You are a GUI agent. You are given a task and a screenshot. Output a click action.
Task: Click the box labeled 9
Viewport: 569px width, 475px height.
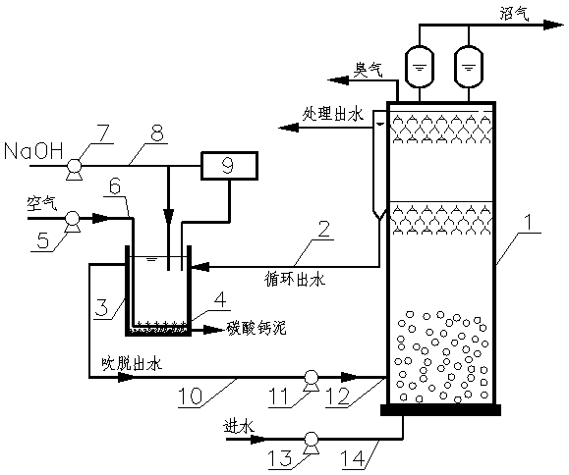(x=229, y=166)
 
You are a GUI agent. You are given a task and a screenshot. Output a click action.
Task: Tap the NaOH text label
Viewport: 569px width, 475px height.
(x=33, y=151)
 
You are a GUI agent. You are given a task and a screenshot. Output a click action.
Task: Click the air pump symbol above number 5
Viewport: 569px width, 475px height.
(x=72, y=221)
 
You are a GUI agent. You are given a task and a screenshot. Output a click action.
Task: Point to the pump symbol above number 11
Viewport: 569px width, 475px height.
(x=311, y=380)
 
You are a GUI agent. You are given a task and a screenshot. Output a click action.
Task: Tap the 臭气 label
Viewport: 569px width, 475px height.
(x=368, y=70)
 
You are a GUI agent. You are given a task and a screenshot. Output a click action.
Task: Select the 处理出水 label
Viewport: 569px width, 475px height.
(x=333, y=115)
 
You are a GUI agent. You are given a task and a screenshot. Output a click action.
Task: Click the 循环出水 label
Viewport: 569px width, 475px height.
(x=295, y=279)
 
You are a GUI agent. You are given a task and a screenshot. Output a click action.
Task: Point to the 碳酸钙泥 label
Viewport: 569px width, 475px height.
(x=256, y=328)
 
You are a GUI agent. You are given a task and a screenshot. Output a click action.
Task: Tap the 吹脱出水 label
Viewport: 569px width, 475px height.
(x=132, y=363)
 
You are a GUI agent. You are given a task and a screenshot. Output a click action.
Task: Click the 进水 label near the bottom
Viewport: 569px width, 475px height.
(x=239, y=426)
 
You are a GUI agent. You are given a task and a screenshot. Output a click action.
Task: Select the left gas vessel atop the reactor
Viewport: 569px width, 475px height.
(x=420, y=67)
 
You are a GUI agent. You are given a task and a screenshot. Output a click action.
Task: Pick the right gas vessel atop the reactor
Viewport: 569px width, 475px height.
(x=469, y=67)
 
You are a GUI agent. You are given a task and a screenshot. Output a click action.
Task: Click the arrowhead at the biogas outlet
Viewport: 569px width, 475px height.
(x=553, y=25)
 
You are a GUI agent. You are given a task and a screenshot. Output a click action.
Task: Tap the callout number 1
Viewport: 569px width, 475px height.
(x=529, y=222)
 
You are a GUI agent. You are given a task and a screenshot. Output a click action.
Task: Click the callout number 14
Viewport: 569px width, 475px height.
(x=354, y=459)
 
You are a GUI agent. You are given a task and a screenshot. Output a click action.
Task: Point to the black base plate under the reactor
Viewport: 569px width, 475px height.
(x=440, y=410)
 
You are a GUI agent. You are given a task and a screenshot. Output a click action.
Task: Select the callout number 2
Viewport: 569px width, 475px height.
(x=323, y=229)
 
